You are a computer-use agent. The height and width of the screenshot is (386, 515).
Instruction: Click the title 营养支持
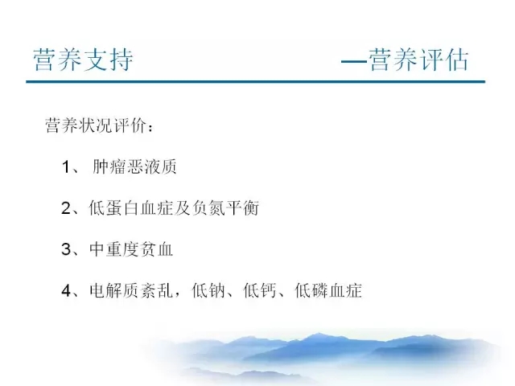click(x=83, y=60)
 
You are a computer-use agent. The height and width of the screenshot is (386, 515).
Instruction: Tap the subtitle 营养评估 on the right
click(x=418, y=60)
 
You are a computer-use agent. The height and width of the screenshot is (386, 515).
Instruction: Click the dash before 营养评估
click(x=354, y=61)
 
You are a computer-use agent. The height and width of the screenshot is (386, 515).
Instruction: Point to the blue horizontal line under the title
click(x=256, y=81)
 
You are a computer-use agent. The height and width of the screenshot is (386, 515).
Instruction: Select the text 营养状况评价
click(x=96, y=125)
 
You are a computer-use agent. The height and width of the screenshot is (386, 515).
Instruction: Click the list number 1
click(x=66, y=166)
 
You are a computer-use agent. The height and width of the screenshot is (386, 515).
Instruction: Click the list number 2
click(x=66, y=208)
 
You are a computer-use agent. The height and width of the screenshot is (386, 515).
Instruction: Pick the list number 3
click(x=66, y=249)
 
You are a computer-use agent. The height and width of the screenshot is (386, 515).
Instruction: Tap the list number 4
click(x=66, y=291)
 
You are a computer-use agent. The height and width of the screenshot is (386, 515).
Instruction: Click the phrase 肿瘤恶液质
click(x=134, y=166)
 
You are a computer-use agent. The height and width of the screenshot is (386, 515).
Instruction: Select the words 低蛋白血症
click(x=130, y=208)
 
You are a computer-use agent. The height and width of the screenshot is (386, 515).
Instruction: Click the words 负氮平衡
click(x=225, y=208)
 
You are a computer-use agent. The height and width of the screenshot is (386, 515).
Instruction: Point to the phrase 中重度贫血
click(x=131, y=249)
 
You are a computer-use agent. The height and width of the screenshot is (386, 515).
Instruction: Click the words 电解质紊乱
click(x=131, y=291)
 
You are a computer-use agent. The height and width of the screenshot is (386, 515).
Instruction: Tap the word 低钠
click(x=208, y=291)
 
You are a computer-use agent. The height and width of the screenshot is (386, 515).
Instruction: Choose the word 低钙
click(x=260, y=291)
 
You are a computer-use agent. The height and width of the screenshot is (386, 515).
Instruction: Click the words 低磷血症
click(x=328, y=291)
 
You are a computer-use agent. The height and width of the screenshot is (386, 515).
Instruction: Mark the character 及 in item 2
click(x=182, y=208)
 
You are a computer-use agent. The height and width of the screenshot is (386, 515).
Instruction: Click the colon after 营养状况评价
click(x=150, y=127)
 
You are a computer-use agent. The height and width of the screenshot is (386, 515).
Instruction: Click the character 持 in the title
click(x=122, y=60)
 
